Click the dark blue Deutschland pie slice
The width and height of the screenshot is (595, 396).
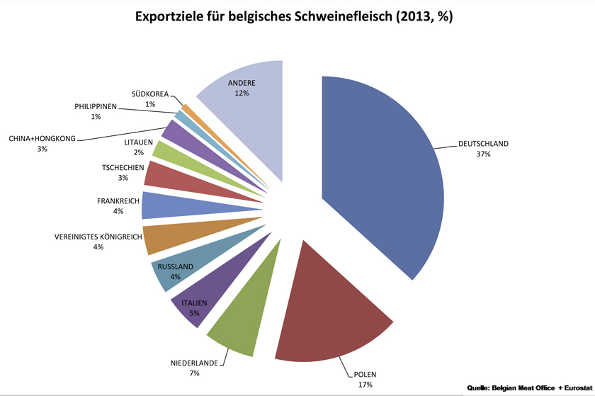tap(390, 177)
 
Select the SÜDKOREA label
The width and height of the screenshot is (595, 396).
tap(150, 94)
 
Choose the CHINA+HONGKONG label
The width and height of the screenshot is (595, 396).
tap(42, 138)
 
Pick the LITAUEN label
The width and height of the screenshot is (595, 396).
tap(139, 142)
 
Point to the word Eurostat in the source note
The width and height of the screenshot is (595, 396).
tap(574, 387)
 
